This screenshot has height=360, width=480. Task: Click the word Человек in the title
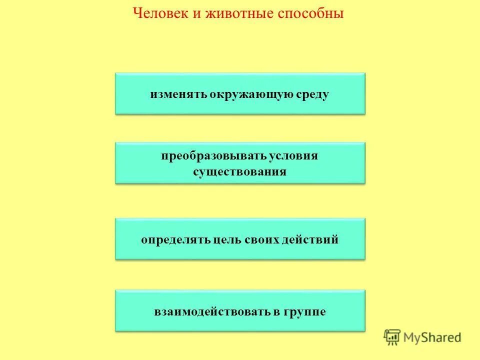coord(159,13)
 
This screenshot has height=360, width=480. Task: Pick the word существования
coord(240,171)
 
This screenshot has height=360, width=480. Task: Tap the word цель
coord(227,239)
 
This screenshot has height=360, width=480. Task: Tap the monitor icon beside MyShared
coord(392,337)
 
